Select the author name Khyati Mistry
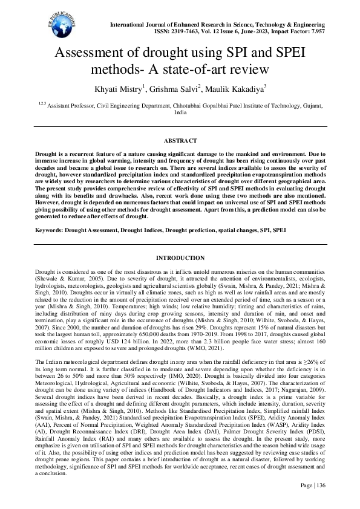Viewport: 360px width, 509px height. (117, 90)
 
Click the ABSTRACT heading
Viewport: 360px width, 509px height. (180, 140)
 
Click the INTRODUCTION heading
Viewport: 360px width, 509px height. (180, 258)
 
